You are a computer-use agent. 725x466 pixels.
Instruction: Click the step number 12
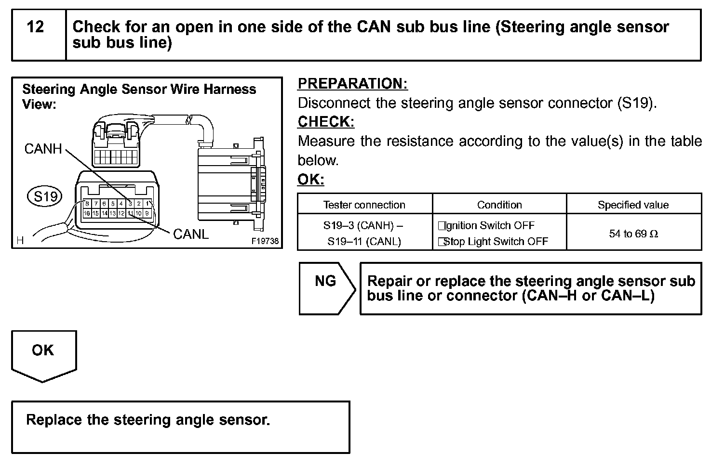tap(36, 27)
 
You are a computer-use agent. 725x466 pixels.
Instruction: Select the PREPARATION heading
tap(352, 84)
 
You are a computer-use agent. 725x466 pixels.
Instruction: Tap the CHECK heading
tap(326, 122)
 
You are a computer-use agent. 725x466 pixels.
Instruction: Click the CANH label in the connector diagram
tap(43, 149)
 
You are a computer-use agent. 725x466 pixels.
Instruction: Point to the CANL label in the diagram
tap(191, 234)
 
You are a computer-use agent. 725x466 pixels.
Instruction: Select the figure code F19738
tap(265, 241)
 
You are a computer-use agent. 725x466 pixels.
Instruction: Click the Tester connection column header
tap(364, 205)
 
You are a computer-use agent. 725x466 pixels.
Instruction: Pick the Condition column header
tap(499, 205)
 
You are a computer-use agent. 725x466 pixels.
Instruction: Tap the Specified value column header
tap(633, 205)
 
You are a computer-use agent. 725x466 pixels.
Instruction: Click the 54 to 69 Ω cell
tap(633, 234)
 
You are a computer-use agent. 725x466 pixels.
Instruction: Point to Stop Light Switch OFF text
tap(495, 242)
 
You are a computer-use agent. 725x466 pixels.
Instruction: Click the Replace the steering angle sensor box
tap(180, 427)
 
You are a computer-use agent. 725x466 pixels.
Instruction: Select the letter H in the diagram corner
tap(20, 241)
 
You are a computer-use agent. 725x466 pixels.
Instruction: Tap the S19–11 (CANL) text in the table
tap(364, 242)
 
